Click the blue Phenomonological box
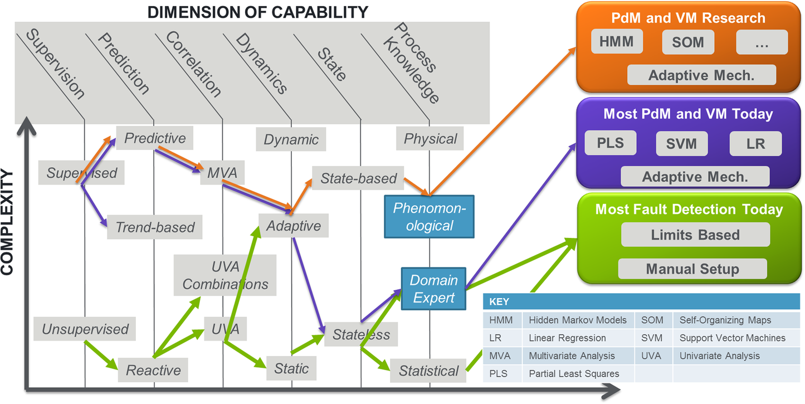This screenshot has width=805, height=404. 429,216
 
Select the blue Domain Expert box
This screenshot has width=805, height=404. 433,289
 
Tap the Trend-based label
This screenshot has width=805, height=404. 155,227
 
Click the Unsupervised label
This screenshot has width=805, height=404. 85,329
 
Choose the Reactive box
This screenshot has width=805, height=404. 153,370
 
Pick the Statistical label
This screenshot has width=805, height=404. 428,371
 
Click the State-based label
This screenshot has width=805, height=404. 358,178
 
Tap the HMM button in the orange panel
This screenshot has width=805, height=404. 617,42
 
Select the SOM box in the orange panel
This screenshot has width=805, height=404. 688,42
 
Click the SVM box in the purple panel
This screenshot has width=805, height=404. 681,143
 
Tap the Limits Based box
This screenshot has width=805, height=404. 695,235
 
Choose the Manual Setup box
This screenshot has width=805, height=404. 692,269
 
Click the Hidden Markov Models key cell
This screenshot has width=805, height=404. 577,320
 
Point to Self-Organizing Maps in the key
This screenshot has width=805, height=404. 725,320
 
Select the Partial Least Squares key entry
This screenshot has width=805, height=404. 574,373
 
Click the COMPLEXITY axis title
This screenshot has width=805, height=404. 7,223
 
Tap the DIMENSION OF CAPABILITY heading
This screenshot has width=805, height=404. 257,11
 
